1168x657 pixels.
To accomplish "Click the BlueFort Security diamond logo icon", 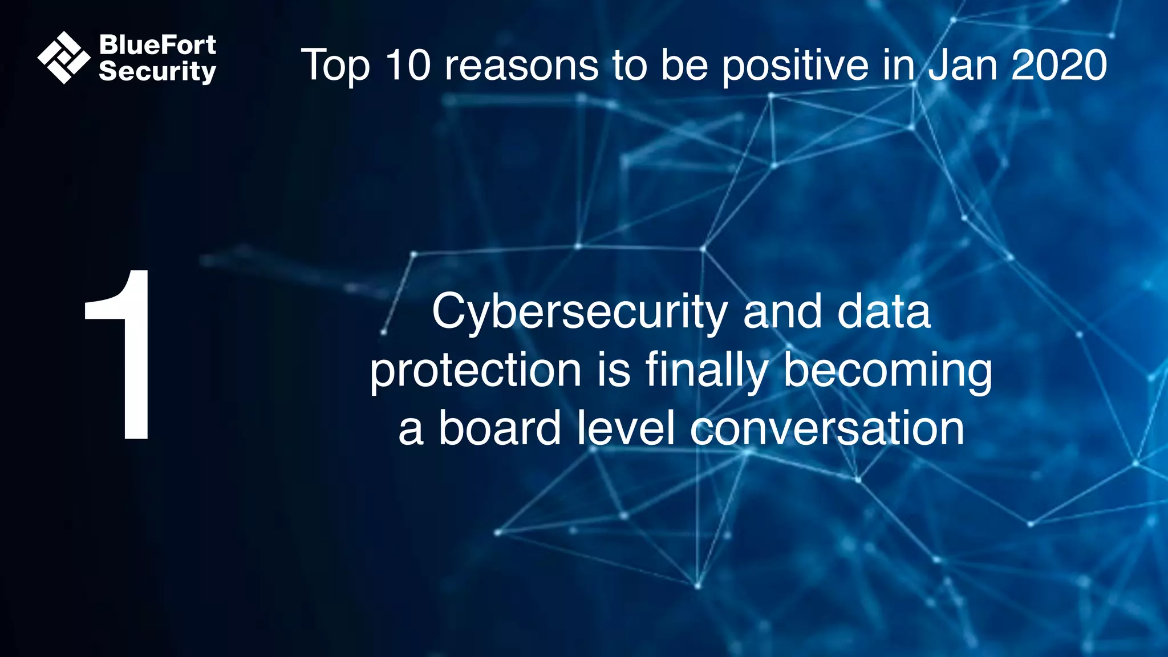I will pos(64,58).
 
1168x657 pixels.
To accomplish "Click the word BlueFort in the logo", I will pos(157,44).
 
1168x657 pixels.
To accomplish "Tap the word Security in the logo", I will pos(157,71).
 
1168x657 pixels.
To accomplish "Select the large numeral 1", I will pos(121,354).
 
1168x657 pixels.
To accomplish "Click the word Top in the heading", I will pos(335,65).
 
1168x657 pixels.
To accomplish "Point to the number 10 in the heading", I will pos(407,65).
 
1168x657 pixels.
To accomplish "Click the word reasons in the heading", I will pos(521,65).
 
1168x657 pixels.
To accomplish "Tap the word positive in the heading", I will pos(795,65).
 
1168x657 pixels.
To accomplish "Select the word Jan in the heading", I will pos(962,65).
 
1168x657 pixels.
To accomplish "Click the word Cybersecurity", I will pos(579,312).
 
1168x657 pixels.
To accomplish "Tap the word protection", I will pos(476,371).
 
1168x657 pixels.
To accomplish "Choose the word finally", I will pos(707,371).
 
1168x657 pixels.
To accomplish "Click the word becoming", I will pos(887,371).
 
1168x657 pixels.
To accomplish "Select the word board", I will pos(500,429).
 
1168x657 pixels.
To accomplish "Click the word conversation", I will pos(827,429).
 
